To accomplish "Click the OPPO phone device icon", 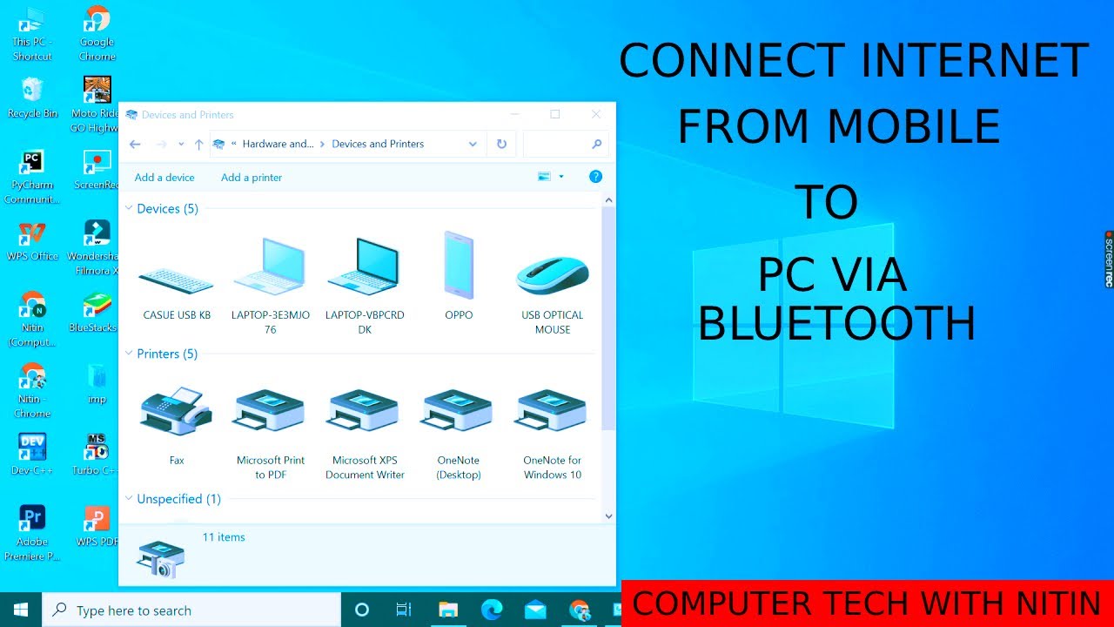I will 459,266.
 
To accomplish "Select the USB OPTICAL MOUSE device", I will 552,274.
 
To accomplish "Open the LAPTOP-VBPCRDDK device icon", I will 364,268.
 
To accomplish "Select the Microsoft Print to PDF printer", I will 270,411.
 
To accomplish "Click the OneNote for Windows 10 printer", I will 552,411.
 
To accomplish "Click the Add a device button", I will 164,178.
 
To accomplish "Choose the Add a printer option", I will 252,178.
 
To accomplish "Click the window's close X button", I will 596,114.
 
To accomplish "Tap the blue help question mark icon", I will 595,177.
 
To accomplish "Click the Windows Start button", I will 21,610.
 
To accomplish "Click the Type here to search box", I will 191,610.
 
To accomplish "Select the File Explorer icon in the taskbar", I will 448,610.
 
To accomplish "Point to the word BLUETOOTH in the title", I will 836,324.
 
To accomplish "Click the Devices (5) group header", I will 167,209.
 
